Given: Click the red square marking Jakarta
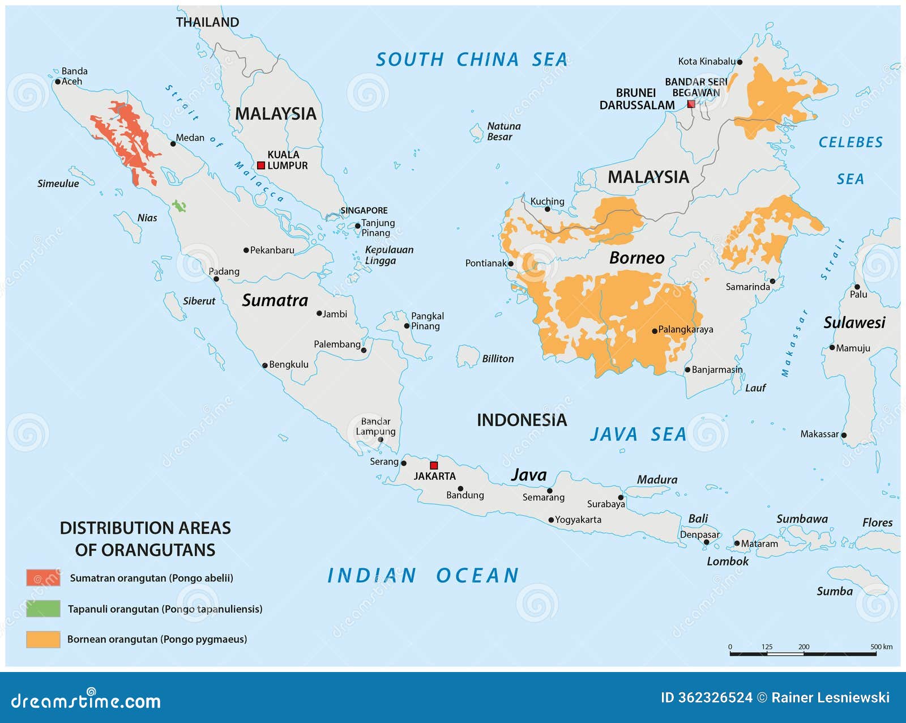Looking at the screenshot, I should [x=434, y=465].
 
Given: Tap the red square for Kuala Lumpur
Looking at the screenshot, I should [x=261, y=165].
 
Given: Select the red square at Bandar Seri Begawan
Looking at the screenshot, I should [x=691, y=104].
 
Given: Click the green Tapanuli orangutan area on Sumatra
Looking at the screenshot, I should [x=180, y=206].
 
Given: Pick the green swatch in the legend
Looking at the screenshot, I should [x=43, y=609].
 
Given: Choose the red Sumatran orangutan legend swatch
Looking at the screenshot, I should [x=43, y=577].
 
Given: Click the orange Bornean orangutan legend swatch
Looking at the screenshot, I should [x=43, y=639].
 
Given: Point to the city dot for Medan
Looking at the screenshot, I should [x=173, y=143].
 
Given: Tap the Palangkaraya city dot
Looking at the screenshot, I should [x=655, y=331].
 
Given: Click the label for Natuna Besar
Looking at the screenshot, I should [x=503, y=131].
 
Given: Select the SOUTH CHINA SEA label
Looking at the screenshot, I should [x=471, y=59].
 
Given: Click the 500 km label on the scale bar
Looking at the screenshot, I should [x=881, y=647].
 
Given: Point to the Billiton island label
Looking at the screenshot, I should [x=498, y=359].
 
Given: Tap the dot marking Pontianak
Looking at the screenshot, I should [x=511, y=263].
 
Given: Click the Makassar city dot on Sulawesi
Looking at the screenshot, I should [x=844, y=435].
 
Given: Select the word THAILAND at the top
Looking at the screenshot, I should [x=207, y=22].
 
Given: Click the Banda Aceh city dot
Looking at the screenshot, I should [x=58, y=82].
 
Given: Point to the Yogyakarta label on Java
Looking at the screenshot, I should [x=578, y=520].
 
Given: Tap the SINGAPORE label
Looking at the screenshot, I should [x=364, y=210].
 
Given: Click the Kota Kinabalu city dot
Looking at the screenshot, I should [x=740, y=62].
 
